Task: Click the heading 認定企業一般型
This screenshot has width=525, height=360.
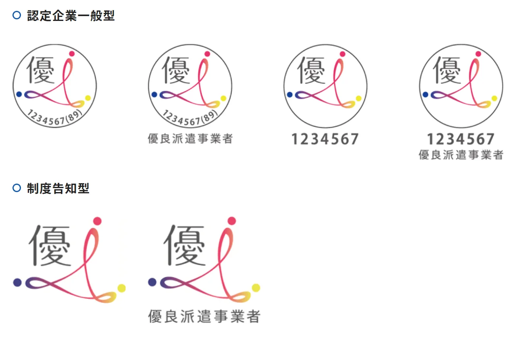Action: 71,16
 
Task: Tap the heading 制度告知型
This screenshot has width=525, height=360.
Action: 58,188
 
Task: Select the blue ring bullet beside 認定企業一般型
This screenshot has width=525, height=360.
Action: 17,15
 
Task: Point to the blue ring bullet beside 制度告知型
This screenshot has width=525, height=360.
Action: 17,188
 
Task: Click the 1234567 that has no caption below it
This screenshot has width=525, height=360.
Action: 325,139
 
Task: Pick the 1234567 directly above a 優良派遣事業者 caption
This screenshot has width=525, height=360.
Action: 461,139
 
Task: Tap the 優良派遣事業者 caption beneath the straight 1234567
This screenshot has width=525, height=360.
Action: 461,155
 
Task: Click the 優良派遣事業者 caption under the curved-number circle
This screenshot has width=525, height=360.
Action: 190,139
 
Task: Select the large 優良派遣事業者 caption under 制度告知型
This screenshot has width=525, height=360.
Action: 204,316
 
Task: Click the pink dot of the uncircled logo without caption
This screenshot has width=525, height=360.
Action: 97,221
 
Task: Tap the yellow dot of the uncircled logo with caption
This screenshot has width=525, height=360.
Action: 256,288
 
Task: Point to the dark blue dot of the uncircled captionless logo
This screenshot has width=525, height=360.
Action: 17,282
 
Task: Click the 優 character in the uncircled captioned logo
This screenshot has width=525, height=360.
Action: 185,245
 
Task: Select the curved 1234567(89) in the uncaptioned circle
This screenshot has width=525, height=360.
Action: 55,118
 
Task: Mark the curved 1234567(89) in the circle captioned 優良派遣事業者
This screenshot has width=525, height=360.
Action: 190,118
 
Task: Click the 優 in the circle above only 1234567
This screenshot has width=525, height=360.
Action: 311,70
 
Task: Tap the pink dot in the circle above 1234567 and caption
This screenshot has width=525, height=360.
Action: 478,54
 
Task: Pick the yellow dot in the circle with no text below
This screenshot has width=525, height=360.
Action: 88,98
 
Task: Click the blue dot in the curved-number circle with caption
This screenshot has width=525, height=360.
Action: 154,94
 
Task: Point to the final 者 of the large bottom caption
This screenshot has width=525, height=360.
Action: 253,316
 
